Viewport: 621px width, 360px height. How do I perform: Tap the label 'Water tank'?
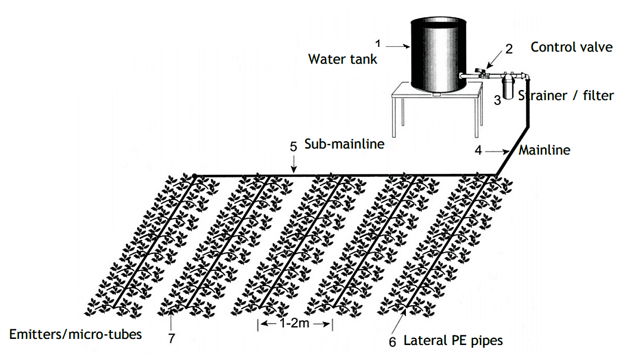click(342, 60)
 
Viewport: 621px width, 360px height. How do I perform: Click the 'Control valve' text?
click(571, 47)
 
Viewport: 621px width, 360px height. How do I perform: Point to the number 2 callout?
click(509, 49)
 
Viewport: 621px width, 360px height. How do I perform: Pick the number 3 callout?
click(499, 99)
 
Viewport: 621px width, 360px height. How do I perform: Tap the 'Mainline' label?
click(544, 150)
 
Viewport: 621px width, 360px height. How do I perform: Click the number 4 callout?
click(478, 151)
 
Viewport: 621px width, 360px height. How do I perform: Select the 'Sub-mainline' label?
click(344, 144)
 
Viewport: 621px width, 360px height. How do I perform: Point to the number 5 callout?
click(293, 146)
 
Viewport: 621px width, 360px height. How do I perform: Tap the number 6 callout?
click(392, 342)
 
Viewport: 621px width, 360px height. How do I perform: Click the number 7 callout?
click(172, 338)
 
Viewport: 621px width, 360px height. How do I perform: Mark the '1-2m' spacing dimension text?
click(295, 324)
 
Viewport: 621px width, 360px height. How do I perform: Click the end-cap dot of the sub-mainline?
click(194, 176)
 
